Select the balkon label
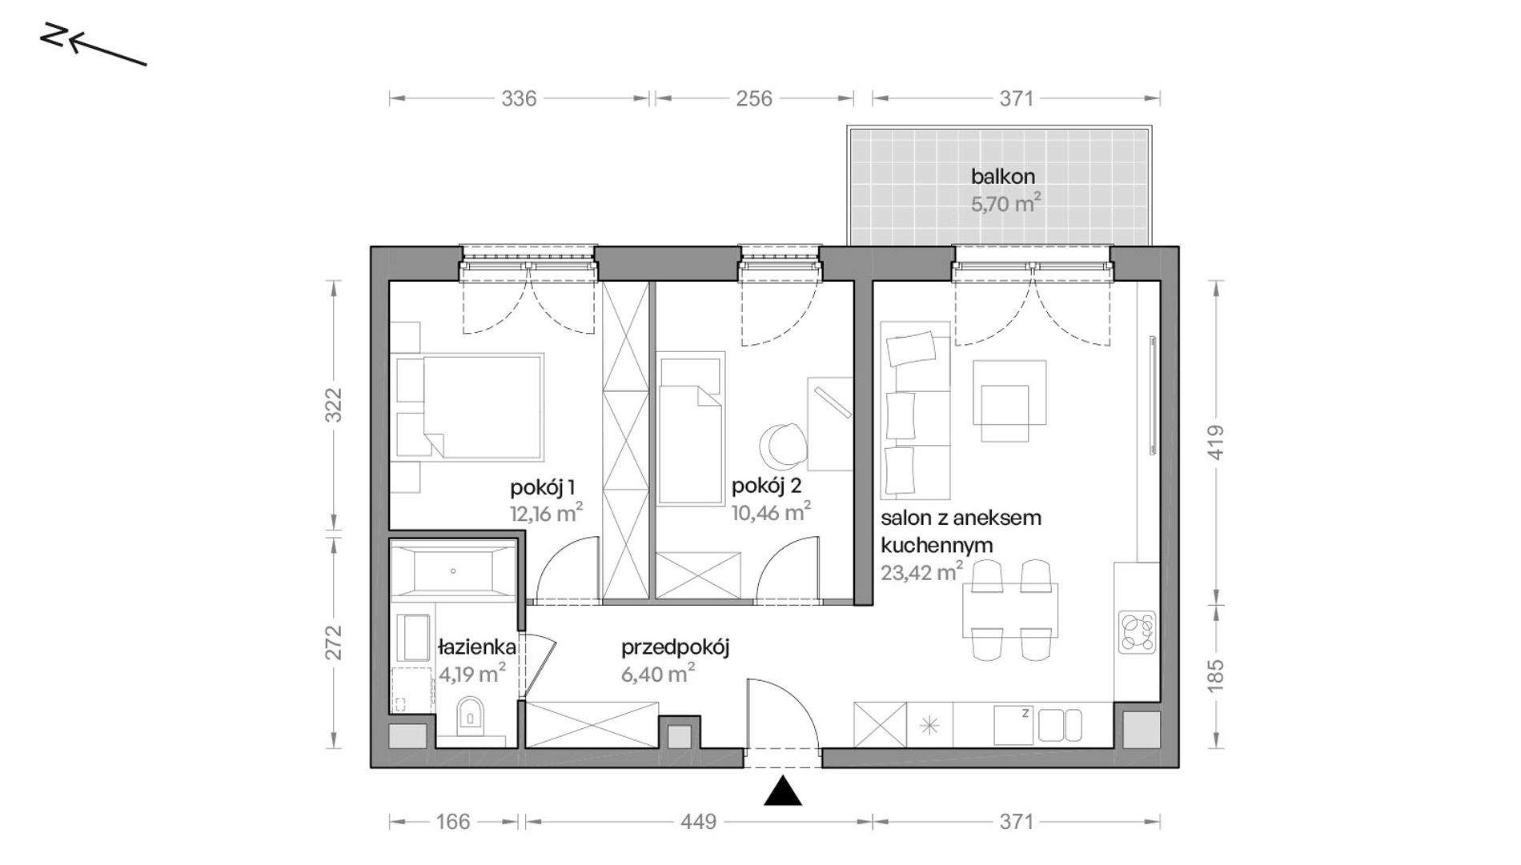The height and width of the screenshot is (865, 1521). point(1003,176)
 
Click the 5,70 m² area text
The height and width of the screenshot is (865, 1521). point(1006,203)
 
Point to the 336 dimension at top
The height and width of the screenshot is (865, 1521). point(519,98)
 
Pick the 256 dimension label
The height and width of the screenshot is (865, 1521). point(754,98)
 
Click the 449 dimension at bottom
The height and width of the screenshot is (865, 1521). point(699,822)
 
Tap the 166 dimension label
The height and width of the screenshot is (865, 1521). point(453,822)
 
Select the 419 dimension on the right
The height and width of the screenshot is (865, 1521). point(1215,442)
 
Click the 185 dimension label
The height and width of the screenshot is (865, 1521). point(1215,675)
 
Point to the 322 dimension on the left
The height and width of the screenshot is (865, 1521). point(334,405)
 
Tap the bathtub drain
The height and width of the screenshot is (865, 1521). point(453,571)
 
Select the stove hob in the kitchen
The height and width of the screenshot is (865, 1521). point(1137,632)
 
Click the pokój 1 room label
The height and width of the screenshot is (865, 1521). point(543,487)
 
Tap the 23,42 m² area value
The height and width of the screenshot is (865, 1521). point(921,572)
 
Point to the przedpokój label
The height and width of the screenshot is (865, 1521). point(675,647)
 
